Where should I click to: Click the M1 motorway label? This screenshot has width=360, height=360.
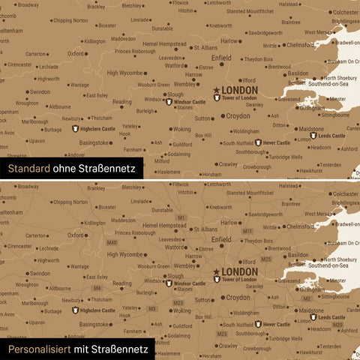pos(181,217)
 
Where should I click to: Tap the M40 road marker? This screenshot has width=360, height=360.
pos(112,242)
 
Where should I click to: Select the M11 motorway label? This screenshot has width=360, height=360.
pos(247,231)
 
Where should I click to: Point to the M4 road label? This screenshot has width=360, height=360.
pos(96,288)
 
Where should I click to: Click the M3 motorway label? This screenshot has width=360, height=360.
pos(152,308)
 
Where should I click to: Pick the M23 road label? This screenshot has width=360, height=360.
pos(222,333)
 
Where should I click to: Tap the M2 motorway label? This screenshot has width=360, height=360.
pos(306,298)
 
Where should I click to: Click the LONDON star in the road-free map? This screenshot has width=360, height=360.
pos(217,90)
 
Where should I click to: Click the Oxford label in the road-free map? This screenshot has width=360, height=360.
pos(76,53)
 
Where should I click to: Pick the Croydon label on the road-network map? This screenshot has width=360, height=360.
pos(238,297)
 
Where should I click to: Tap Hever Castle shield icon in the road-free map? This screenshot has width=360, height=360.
pos(257,142)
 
